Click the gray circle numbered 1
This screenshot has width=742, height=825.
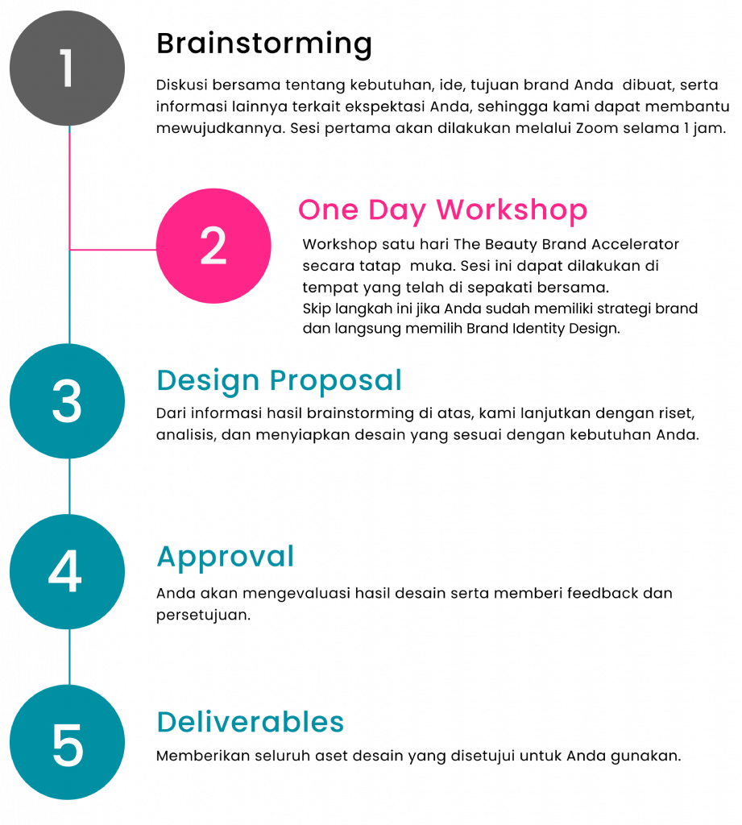(x=68, y=68)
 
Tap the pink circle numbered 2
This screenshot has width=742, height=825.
(x=213, y=246)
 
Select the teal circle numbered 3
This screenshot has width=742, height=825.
(x=68, y=401)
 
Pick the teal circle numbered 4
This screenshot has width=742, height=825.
(x=68, y=572)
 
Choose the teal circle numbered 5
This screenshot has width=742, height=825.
(x=68, y=742)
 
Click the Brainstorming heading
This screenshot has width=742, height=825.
(x=264, y=44)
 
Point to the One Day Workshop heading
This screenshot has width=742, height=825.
(x=442, y=210)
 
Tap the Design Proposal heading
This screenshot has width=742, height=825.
(x=279, y=380)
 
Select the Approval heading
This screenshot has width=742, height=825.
(x=226, y=558)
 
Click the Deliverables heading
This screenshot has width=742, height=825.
(x=251, y=721)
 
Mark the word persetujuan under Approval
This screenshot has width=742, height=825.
(x=203, y=616)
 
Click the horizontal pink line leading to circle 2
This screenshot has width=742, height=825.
(x=113, y=250)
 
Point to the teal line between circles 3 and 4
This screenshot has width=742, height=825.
(x=69, y=487)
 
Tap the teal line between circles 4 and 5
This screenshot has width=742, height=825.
(x=69, y=657)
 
